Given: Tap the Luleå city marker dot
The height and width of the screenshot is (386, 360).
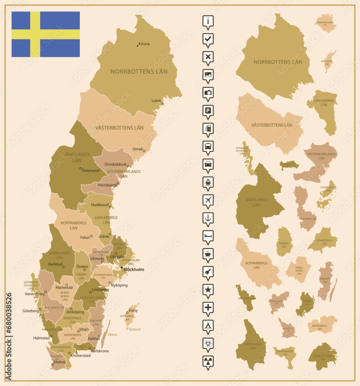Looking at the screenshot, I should [x=162, y=103].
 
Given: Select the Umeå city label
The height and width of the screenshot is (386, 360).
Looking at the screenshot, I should [x=138, y=149].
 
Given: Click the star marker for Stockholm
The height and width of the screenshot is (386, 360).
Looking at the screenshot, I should [x=122, y=267].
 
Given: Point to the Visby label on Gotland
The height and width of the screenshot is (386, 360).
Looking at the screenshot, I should [x=133, y=310].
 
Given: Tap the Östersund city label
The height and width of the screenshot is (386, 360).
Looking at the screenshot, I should [x=91, y=170].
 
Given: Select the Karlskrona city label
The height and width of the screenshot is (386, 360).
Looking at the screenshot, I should [x=99, y=351].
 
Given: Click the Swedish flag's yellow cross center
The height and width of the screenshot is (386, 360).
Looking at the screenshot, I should [x=35, y=34].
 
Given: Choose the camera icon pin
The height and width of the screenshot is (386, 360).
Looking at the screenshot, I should [x=208, y=92].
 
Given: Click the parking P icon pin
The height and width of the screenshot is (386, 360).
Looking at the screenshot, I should [x=208, y=110].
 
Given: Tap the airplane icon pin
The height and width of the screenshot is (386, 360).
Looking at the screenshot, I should [x=208, y=200].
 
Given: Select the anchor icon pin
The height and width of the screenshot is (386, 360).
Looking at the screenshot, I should [x=208, y=218].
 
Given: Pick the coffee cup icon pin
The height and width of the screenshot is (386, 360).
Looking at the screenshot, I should [x=208, y=254].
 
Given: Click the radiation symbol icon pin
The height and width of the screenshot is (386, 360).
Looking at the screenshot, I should [x=208, y=361].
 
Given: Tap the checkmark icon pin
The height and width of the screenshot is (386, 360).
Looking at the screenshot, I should [x=208, y=39].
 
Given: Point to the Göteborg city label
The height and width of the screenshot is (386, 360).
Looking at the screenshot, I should [x=31, y=311].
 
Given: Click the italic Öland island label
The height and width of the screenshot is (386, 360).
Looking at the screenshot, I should [x=112, y=335].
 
